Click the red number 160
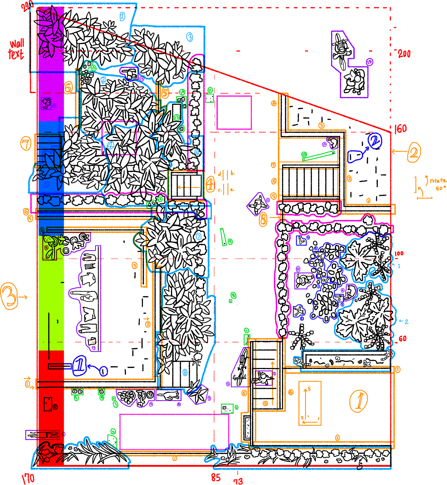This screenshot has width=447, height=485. click(x=401, y=129)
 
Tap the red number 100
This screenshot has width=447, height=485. click(x=399, y=253)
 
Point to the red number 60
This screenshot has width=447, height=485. click(x=402, y=339)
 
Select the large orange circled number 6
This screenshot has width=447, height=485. click(x=68, y=88)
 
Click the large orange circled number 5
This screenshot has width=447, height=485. click(x=165, y=93)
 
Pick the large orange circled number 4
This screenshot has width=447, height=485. click(x=210, y=184)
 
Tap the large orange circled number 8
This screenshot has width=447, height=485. click(x=263, y=219)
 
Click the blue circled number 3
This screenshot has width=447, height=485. click(x=190, y=37)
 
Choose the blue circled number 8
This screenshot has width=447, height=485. click(x=185, y=372)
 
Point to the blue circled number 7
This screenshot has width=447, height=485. click(x=198, y=236)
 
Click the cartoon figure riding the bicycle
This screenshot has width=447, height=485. click(x=341, y=51)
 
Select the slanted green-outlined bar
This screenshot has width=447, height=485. click(x=319, y=156)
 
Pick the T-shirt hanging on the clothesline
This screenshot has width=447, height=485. click(x=88, y=279)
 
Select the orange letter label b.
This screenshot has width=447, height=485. click(x=233, y=173)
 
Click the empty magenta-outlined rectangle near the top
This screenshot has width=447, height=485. click(x=234, y=112)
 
